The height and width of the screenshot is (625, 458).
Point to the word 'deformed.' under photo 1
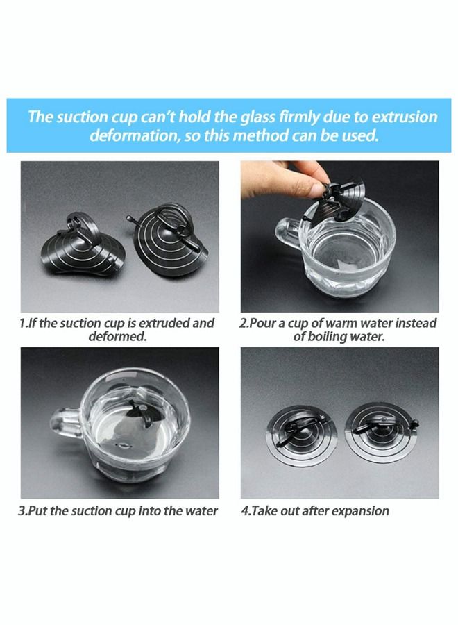pyautogui.click(x=117, y=336)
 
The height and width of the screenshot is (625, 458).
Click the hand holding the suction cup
pyautogui.click(x=285, y=178)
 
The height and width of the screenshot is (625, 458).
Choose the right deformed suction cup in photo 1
pyautogui.click(x=167, y=238)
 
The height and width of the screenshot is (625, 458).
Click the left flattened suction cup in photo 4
pyautogui.click(x=301, y=435)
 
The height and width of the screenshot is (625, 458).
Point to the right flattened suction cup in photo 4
pyautogui.click(x=382, y=433)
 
